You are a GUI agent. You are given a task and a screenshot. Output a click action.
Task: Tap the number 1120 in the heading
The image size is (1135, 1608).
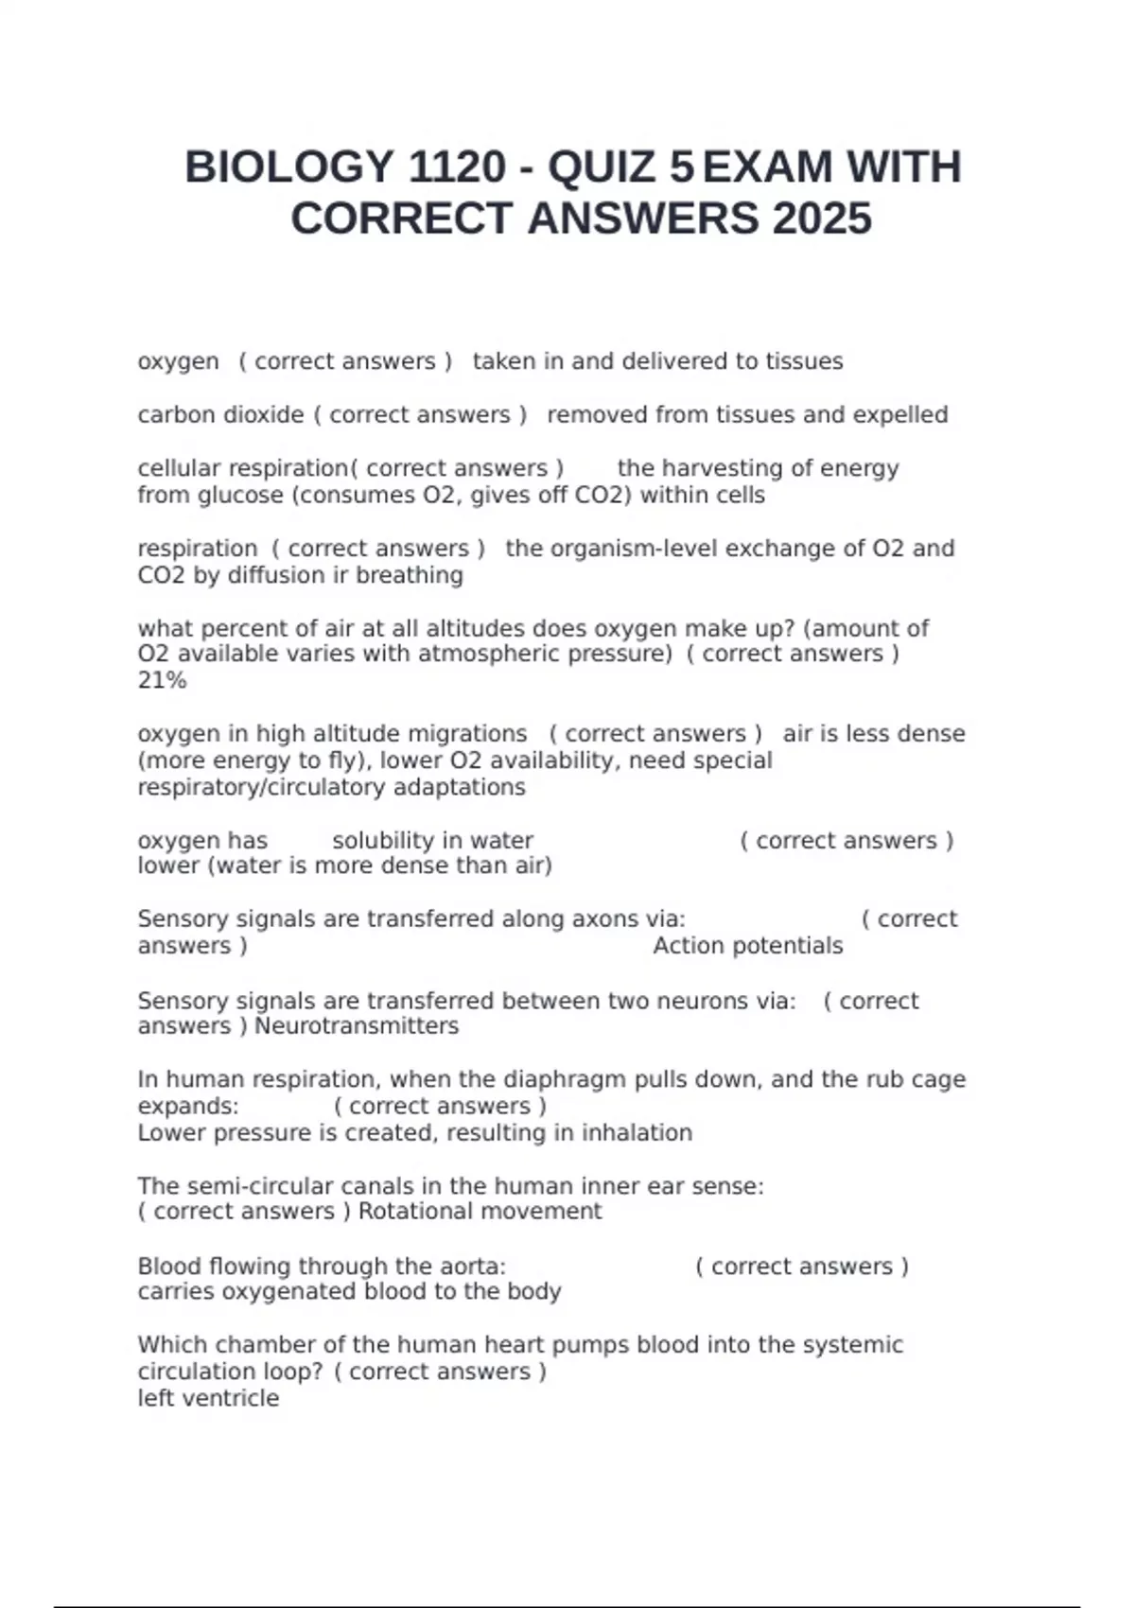(x=457, y=168)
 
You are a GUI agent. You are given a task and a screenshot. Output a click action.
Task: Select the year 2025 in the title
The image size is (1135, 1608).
(x=822, y=219)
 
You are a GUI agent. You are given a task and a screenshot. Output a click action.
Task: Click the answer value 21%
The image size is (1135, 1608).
(x=162, y=681)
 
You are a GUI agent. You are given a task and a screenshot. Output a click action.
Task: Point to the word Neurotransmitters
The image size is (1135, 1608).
(x=357, y=1026)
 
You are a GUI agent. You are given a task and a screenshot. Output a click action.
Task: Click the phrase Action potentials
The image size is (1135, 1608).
(x=747, y=946)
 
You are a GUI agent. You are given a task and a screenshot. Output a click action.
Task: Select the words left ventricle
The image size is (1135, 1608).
(x=208, y=1398)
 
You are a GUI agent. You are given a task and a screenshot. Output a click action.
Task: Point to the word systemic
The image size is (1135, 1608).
(x=852, y=1345)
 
